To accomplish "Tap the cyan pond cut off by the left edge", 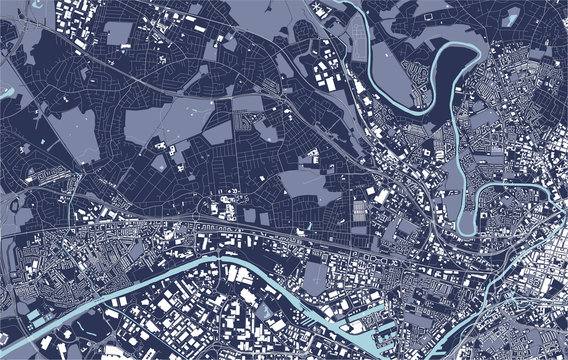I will click(x=5, y=92).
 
